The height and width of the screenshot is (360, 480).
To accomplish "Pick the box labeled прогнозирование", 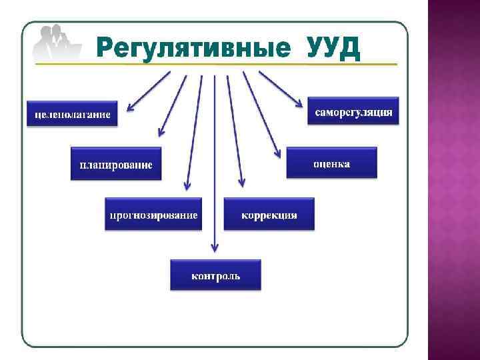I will (x=153, y=214).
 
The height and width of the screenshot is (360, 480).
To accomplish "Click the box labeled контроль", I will (x=215, y=275).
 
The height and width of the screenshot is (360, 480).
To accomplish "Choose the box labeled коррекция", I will (x=269, y=214).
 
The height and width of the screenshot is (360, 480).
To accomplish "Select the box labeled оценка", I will (x=331, y=163).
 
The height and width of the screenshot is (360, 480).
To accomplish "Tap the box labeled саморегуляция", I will (x=354, y=111).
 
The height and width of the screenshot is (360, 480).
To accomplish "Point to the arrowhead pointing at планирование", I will (x=160, y=133).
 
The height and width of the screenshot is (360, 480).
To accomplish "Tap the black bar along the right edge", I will (x=476, y=180).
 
